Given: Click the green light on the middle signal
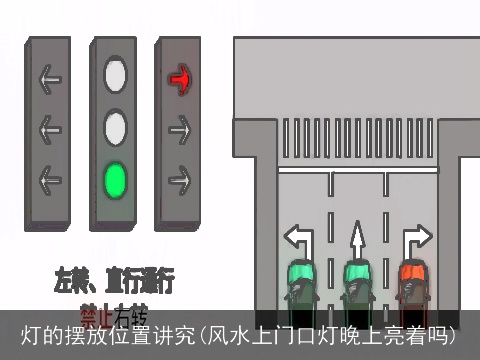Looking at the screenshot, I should (116, 180).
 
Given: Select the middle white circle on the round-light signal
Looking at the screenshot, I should (116, 128).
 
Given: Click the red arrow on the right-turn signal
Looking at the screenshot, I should (180, 76).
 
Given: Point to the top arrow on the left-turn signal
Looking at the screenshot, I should (50, 77).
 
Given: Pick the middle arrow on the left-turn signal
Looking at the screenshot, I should (50, 128).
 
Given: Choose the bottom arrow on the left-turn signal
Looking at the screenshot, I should (50, 180).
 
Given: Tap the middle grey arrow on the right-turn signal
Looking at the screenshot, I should (180, 128).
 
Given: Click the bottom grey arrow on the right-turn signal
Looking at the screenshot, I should (180, 180).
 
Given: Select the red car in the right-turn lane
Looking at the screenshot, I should (411, 285).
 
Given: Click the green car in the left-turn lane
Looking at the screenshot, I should (300, 285).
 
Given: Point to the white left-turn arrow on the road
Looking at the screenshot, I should (299, 238).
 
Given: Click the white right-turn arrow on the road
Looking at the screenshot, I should (415, 238).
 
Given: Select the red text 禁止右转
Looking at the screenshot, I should (113, 312).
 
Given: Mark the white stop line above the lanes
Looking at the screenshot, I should (357, 170).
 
